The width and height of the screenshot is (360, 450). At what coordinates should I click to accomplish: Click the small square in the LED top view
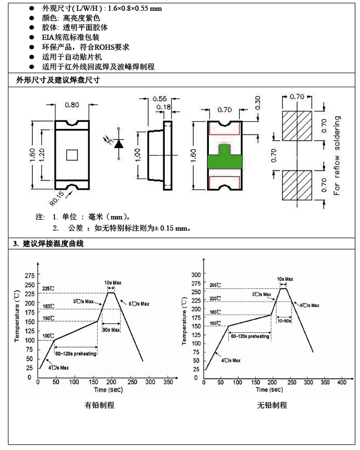click(72, 155)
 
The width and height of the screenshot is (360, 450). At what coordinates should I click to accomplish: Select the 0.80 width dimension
click(72, 105)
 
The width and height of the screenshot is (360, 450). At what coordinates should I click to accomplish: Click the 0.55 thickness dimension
click(160, 98)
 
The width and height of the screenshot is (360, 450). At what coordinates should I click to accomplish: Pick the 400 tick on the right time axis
click(342, 382)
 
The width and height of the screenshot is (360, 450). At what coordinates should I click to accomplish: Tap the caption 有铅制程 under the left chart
click(99, 405)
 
